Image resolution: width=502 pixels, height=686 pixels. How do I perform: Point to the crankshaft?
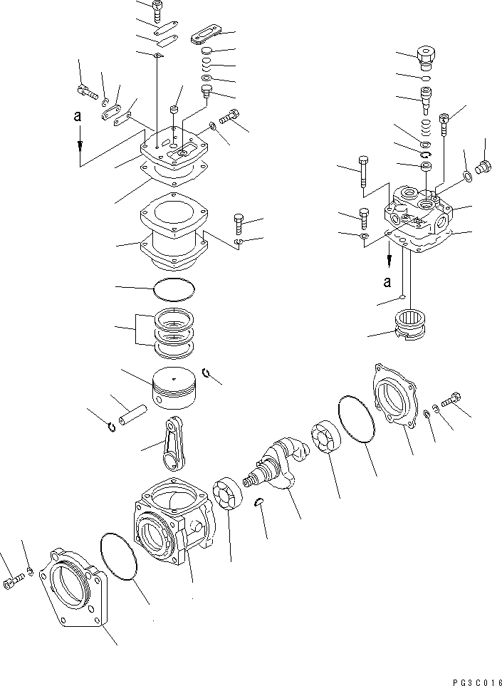278,468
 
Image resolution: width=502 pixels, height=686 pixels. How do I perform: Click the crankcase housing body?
171,526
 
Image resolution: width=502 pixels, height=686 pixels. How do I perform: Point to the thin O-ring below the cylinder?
174,289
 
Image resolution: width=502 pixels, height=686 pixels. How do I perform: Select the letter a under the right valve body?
388,281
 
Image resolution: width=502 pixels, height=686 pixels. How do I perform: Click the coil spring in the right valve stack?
427,129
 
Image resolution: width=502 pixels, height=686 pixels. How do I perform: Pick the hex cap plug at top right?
427,56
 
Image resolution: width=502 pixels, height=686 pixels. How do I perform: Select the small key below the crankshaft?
261,503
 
